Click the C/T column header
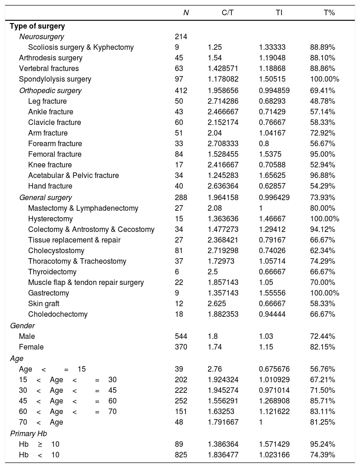tap(227, 13)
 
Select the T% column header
tap(329, 13)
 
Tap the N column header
tap(186, 13)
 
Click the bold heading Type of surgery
tap(37, 26)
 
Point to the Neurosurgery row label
tap(42, 37)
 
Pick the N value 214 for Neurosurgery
tap(181, 37)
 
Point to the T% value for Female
tap(323, 347)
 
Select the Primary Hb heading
tap(29, 433)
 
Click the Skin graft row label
tap(43, 304)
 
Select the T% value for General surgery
tap(323, 198)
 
